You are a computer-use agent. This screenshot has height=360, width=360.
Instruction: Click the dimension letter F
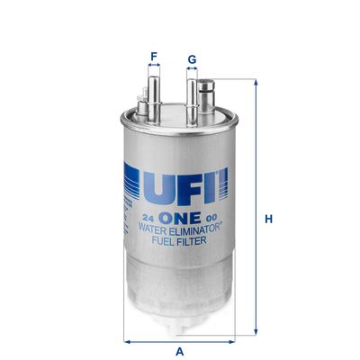tap(154, 57)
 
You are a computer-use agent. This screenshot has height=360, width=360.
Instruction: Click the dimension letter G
tap(192, 60)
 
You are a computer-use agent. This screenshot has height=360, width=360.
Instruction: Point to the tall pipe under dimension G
tap(192, 94)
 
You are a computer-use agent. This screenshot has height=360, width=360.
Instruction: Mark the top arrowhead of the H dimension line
tap(257, 82)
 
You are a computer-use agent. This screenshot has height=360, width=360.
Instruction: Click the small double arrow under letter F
tap(154, 68)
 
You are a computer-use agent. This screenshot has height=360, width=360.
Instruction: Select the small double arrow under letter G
tap(192, 72)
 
